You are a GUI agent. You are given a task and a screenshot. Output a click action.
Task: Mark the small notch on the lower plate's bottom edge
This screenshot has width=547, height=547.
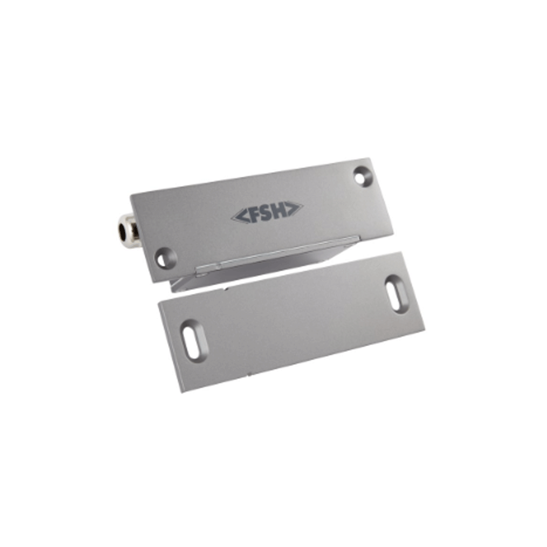click(248, 374)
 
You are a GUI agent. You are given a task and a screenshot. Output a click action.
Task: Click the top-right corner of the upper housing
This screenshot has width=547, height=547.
click(370, 159)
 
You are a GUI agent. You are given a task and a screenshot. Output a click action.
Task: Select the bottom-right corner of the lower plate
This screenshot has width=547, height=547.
click(425, 328)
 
